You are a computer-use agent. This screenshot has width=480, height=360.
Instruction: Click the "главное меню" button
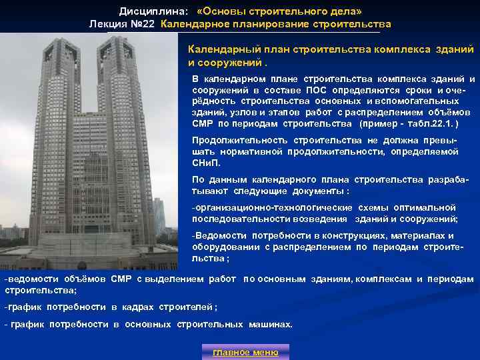245,352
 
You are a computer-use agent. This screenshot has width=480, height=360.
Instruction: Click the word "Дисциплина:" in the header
147,11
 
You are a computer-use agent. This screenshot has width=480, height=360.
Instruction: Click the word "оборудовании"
222,247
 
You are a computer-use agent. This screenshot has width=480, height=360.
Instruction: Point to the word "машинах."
271,325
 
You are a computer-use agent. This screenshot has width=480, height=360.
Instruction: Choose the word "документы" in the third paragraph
319,191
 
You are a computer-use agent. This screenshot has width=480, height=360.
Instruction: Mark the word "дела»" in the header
347,11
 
